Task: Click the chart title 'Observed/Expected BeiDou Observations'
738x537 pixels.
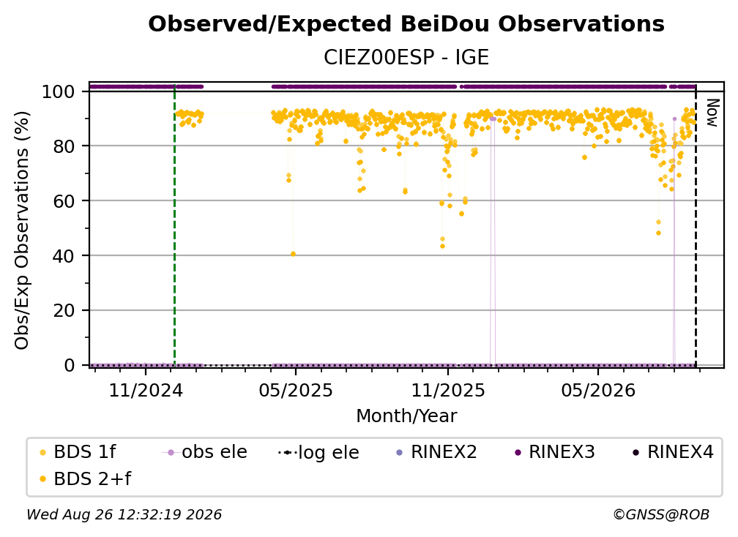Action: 406,24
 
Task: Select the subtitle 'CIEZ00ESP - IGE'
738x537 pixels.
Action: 406,57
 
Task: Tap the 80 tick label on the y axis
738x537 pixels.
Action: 64,146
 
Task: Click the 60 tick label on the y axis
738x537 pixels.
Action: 64,200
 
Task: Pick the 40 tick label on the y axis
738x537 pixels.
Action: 64,256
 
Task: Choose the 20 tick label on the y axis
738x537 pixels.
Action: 64,310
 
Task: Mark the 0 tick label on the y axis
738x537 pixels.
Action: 70,365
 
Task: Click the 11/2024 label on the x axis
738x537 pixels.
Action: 146,390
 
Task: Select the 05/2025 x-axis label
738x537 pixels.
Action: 296,390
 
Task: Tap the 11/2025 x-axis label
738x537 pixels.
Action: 448,390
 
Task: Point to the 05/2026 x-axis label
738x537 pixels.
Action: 598,390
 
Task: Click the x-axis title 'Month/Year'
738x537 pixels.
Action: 406,416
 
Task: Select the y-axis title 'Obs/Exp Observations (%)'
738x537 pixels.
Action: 22,230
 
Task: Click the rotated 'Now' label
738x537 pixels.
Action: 713,113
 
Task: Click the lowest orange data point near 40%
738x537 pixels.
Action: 293,254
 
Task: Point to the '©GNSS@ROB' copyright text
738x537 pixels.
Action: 661,514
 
